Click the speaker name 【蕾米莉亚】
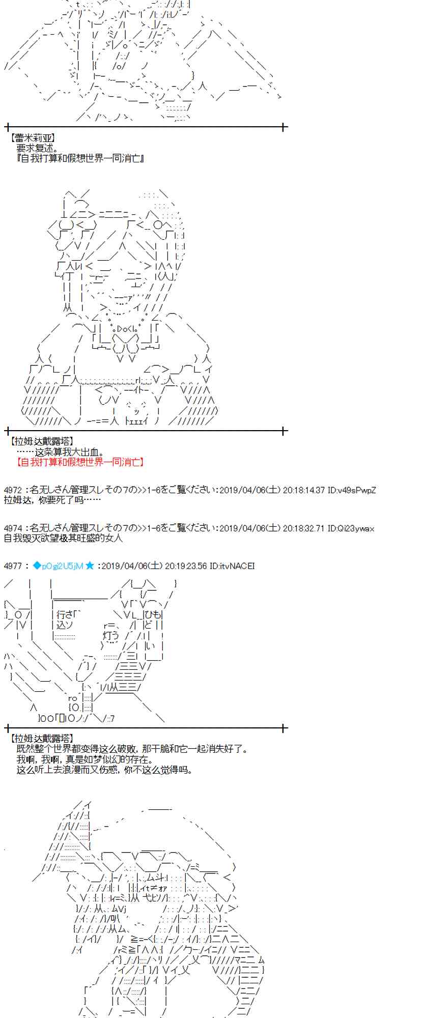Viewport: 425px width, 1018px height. coord(33,138)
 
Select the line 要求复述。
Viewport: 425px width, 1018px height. coord(38,148)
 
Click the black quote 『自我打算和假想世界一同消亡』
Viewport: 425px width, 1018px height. coord(80,158)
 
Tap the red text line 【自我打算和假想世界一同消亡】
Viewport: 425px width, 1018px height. coord(80,462)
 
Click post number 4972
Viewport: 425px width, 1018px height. coord(13,490)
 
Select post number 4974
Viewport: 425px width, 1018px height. coord(13,528)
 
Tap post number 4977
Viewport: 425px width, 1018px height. coord(13,566)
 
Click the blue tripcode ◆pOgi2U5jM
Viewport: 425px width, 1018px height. coord(58,566)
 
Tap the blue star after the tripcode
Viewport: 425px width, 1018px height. coord(90,566)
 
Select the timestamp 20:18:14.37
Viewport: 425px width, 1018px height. coord(303,490)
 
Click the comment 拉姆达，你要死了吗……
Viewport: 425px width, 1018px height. coord(52,500)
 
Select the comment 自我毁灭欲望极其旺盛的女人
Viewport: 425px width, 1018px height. coord(63,538)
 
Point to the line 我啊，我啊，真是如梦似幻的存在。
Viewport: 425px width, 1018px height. coord(84,759)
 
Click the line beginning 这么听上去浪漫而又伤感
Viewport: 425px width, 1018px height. coord(104,769)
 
